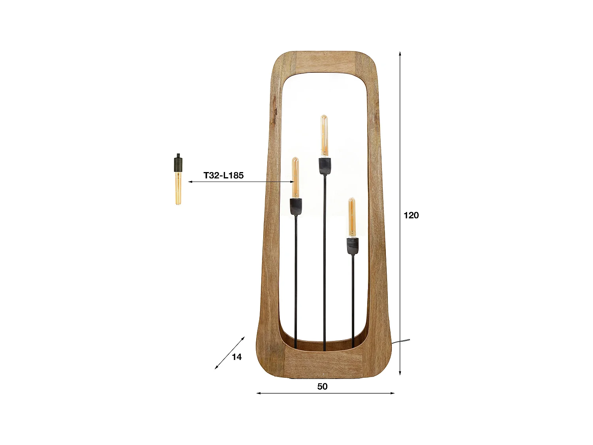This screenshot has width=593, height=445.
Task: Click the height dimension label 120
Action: pyautogui.click(x=411, y=215)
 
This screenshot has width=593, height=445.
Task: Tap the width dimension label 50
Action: pyautogui.click(x=322, y=386)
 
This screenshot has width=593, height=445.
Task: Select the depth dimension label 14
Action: pyautogui.click(x=236, y=357)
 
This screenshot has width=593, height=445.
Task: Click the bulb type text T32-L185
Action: pyautogui.click(x=223, y=175)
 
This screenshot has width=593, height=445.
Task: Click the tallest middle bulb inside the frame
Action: pyautogui.click(x=324, y=135)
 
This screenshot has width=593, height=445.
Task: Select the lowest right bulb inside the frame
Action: pyautogui.click(x=352, y=217)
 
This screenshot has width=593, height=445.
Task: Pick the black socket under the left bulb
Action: pyautogui.click(x=296, y=206)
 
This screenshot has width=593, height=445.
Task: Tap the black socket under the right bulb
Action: pyautogui.click(x=353, y=246)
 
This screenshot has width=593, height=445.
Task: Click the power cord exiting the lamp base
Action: pyautogui.click(x=401, y=341)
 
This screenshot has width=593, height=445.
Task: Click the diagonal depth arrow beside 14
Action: pyautogui.click(x=229, y=353)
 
